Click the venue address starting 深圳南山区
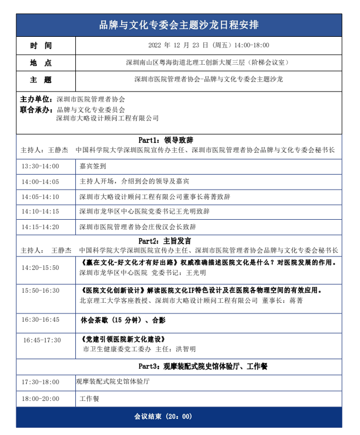click(207, 62)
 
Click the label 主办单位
click(37, 99)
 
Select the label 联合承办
click(37, 109)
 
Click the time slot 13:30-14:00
click(40, 166)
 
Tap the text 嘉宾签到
click(93, 166)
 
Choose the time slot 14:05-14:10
click(40, 196)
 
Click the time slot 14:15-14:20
click(40, 227)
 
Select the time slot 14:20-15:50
click(40, 268)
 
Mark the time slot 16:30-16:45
click(40, 320)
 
